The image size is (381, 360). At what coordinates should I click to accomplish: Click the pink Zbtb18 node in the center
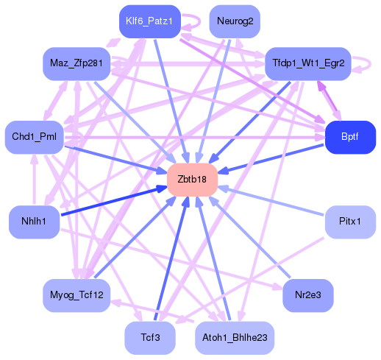point(192,180)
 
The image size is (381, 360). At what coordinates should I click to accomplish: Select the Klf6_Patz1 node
point(149,21)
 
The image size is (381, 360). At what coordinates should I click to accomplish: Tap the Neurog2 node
point(235,21)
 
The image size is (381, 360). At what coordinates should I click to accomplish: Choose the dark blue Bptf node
point(350,138)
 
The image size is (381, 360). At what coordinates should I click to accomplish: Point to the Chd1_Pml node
point(34,138)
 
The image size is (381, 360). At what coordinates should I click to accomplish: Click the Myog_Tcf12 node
point(76,294)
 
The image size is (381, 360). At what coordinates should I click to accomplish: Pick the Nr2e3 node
point(307,294)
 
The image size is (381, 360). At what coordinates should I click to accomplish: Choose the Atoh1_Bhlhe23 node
point(235,337)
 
